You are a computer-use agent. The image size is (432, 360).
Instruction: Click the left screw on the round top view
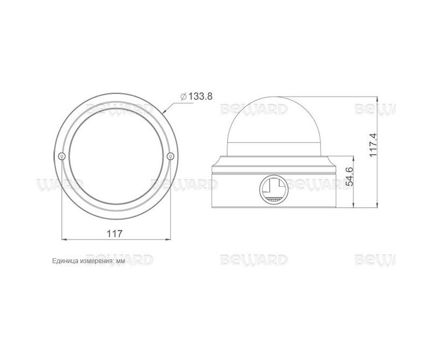click(62, 156)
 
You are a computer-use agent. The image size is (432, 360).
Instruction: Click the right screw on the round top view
click(171, 156)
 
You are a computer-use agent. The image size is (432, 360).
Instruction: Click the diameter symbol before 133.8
click(184, 96)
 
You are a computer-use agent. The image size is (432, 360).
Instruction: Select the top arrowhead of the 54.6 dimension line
click(353, 157)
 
